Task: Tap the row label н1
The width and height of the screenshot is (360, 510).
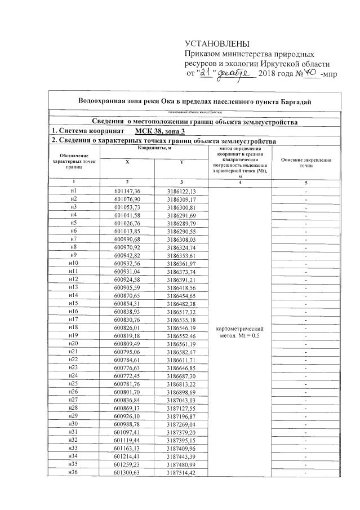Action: click(73, 192)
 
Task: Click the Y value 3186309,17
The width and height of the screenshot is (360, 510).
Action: click(181, 199)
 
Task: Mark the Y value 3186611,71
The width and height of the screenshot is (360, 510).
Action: click(181, 359)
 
